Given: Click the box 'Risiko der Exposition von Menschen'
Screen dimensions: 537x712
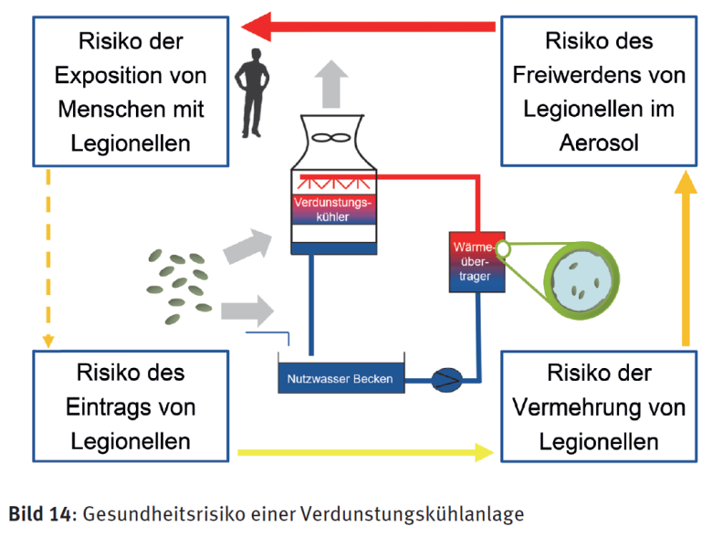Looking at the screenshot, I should click(131, 91).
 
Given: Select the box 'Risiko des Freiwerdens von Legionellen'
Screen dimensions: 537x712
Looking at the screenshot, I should click(598, 91).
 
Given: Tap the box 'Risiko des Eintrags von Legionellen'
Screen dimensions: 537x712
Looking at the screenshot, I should click(131, 406).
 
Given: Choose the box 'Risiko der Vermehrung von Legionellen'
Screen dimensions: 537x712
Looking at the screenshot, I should click(598, 406).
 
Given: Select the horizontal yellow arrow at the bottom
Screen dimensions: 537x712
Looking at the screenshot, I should click(365, 450).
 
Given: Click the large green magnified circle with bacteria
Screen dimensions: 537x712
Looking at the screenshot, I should click(575, 278).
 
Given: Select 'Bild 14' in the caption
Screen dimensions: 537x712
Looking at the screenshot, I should click(42, 513).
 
